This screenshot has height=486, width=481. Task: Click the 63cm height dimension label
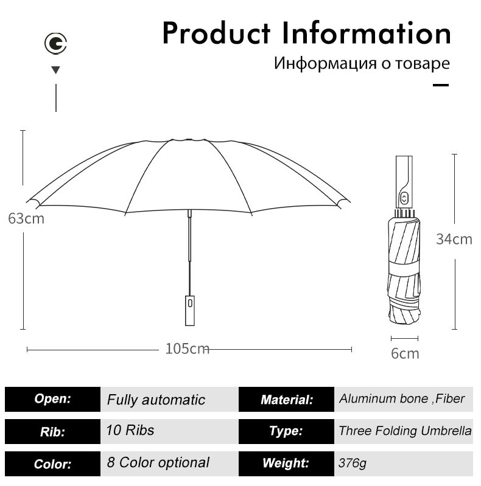[26, 219]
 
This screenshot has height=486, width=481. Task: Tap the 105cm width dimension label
[188, 349]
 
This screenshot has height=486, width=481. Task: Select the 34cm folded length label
[454, 239]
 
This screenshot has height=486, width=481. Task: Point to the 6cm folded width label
[405, 353]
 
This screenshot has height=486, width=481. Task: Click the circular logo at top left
[55, 43]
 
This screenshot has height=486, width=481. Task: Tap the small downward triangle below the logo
[56, 70]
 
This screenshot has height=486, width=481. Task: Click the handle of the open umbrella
[190, 311]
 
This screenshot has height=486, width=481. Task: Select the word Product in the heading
[216, 33]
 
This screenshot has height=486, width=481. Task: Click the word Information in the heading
[366, 33]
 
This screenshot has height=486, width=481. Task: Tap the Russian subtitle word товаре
[423, 63]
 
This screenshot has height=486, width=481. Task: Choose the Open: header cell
[53, 399]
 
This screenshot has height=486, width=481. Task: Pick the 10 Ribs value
[130, 430]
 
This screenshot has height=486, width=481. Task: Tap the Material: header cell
[286, 399]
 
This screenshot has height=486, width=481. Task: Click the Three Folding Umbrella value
[405, 431]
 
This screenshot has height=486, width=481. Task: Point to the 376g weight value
[352, 463]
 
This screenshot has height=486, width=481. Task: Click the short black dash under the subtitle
[441, 85]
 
